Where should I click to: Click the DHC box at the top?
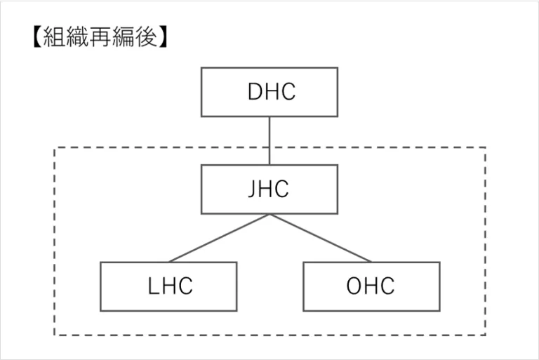269,92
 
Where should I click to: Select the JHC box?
269,189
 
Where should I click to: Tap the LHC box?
168,286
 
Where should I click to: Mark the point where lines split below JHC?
269,215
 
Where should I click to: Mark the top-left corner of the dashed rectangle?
55,148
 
